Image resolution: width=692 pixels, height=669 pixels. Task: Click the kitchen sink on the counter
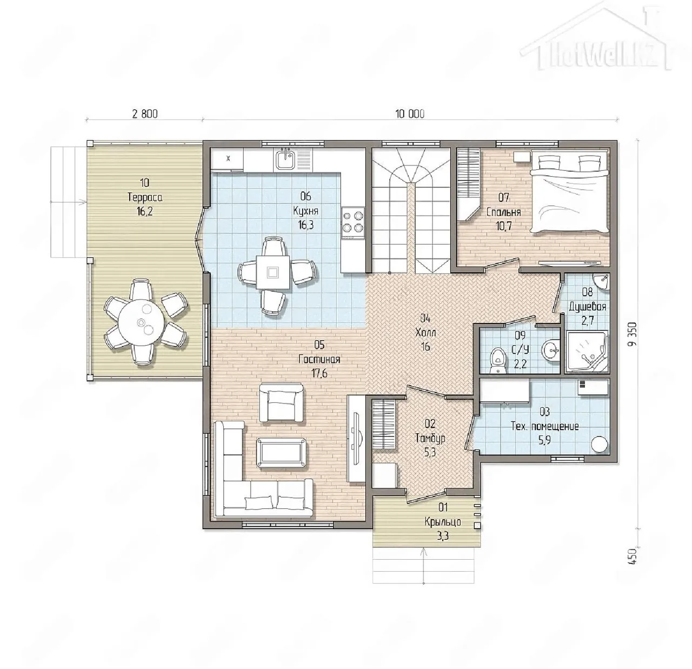[285, 158]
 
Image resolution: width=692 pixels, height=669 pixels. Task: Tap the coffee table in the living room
[281, 452]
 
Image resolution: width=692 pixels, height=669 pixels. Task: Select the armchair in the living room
[281, 402]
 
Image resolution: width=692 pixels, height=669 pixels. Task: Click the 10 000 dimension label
[410, 114]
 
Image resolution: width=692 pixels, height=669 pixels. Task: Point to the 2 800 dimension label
[145, 114]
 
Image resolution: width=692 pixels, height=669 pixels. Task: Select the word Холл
[425, 333]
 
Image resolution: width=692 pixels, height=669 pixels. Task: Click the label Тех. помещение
[544, 426]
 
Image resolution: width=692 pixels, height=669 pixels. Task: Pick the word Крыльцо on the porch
[442, 522]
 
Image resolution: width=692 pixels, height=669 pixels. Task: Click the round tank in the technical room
[600, 444]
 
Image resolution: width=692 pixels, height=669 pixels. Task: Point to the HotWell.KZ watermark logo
[595, 39]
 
